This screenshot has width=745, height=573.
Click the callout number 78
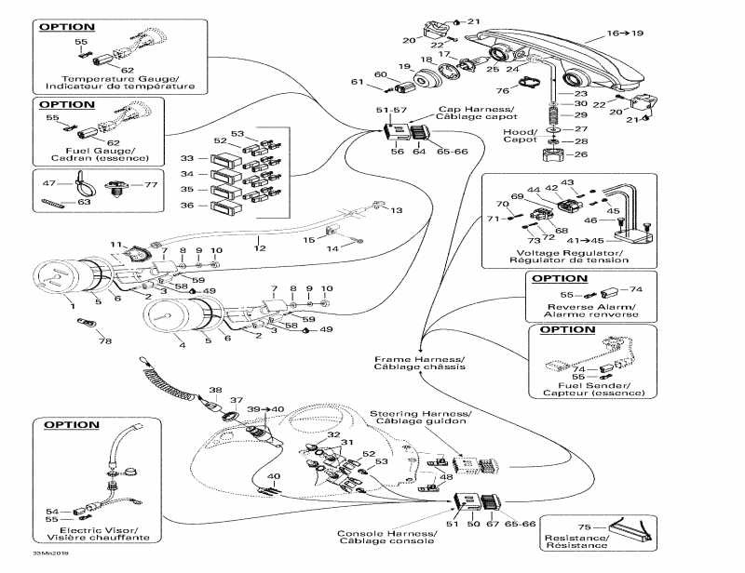pos(104,341)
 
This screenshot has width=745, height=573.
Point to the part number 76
pos(502,90)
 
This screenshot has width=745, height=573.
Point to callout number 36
pos(187,205)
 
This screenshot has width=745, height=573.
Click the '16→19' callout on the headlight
pos(625,33)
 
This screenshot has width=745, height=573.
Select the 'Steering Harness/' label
pos(421,412)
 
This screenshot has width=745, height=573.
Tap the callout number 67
pos(493,525)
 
